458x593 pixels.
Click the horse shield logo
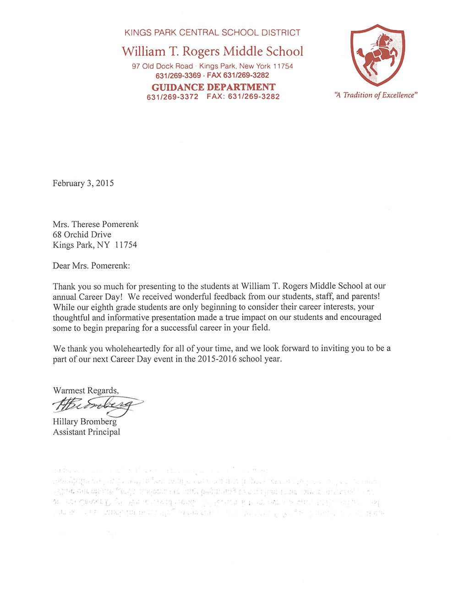(377, 55)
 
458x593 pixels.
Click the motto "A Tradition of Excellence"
(376, 95)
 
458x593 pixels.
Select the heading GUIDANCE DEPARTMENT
(213, 87)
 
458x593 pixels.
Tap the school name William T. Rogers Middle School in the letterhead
(213, 51)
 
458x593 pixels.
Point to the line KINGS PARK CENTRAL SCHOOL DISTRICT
(213, 33)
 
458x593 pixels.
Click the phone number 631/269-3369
(178, 76)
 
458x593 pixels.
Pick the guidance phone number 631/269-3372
(173, 97)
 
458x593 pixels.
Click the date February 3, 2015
(83, 183)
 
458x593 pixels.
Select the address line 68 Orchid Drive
(82, 235)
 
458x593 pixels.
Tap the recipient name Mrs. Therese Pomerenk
(95, 224)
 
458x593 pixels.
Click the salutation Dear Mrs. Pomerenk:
(91, 266)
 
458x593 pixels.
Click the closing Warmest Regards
(86, 390)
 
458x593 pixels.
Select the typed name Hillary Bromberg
(85, 422)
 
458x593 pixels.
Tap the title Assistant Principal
(87, 432)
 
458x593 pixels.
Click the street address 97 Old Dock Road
(162, 66)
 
